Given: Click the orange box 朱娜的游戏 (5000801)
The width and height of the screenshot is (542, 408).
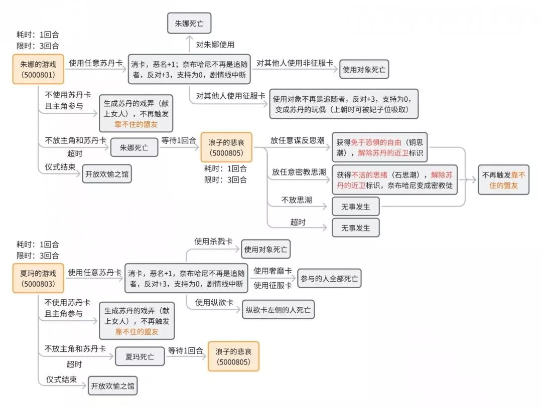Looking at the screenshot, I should click(x=39, y=69).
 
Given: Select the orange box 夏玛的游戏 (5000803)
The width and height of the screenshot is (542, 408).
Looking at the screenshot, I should click(x=39, y=278).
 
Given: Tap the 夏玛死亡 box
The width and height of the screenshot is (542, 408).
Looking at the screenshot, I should click(x=140, y=357).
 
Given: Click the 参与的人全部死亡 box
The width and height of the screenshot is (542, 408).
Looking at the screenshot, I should click(x=329, y=278).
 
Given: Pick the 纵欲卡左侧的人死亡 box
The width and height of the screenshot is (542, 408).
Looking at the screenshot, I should click(x=278, y=310).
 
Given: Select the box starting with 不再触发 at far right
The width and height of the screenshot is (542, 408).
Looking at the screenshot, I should click(x=503, y=180).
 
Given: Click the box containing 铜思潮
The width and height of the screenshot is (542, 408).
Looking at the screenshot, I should click(x=379, y=147).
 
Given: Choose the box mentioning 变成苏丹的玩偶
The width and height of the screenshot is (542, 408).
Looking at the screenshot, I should click(x=344, y=104).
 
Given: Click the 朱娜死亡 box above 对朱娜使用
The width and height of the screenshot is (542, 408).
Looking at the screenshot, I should click(x=189, y=24).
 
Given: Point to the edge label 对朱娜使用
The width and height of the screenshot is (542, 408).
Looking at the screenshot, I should click(x=215, y=45).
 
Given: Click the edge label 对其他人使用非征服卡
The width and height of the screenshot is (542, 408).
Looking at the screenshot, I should click(x=295, y=63).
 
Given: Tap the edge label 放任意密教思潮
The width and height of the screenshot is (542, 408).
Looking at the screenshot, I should click(x=299, y=172).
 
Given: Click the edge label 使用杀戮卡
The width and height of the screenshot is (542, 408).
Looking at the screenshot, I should click(x=213, y=242).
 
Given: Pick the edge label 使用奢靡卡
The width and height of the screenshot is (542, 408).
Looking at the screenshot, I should click(x=273, y=271).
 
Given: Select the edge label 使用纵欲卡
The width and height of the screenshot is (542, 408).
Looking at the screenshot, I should click(x=214, y=302).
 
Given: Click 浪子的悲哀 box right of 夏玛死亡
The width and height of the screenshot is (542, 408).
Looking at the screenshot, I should click(x=233, y=357).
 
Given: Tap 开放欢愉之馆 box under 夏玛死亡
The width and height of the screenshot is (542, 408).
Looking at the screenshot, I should click(x=113, y=387).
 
